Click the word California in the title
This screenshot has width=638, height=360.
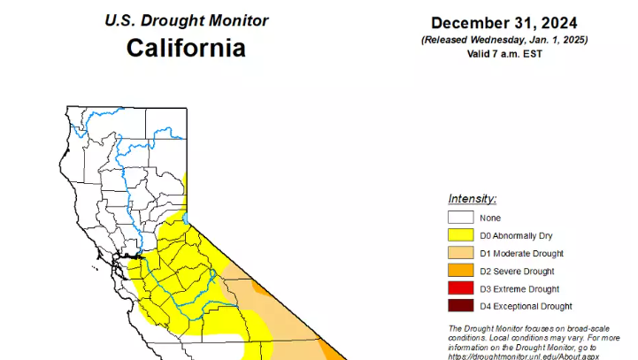pos(186,47)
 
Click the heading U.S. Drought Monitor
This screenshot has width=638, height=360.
pos(186,20)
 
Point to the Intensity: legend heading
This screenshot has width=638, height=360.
pos(472,199)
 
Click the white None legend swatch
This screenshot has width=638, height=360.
pos(460,218)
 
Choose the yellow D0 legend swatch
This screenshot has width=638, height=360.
pos(460,235)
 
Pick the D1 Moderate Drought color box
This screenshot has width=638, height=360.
pos(460,253)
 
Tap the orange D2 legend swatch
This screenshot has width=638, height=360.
pos(460,271)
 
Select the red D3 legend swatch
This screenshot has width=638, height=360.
pos(460,288)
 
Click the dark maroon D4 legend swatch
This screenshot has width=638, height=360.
pos(460,306)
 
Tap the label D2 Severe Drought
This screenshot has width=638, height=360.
pos(518,271)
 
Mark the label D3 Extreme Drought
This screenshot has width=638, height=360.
pos(519,288)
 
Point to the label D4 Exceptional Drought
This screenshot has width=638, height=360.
pos(526,306)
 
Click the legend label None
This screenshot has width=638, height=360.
pos(490,218)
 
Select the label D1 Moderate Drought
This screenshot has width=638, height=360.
pos(522,253)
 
